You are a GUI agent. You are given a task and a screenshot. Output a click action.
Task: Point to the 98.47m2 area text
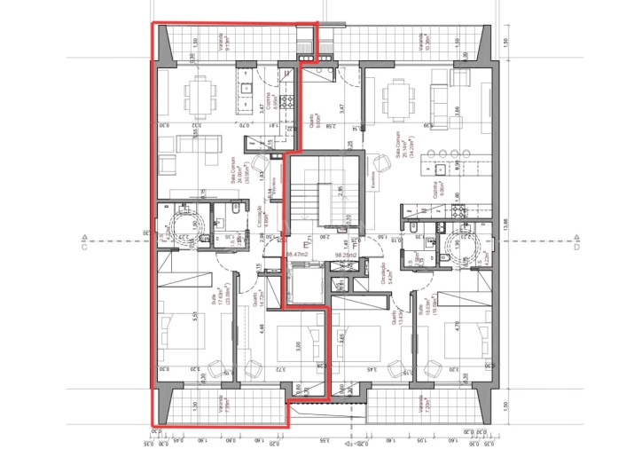click(298, 255)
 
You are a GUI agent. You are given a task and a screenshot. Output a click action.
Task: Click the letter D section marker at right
click(576, 238)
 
